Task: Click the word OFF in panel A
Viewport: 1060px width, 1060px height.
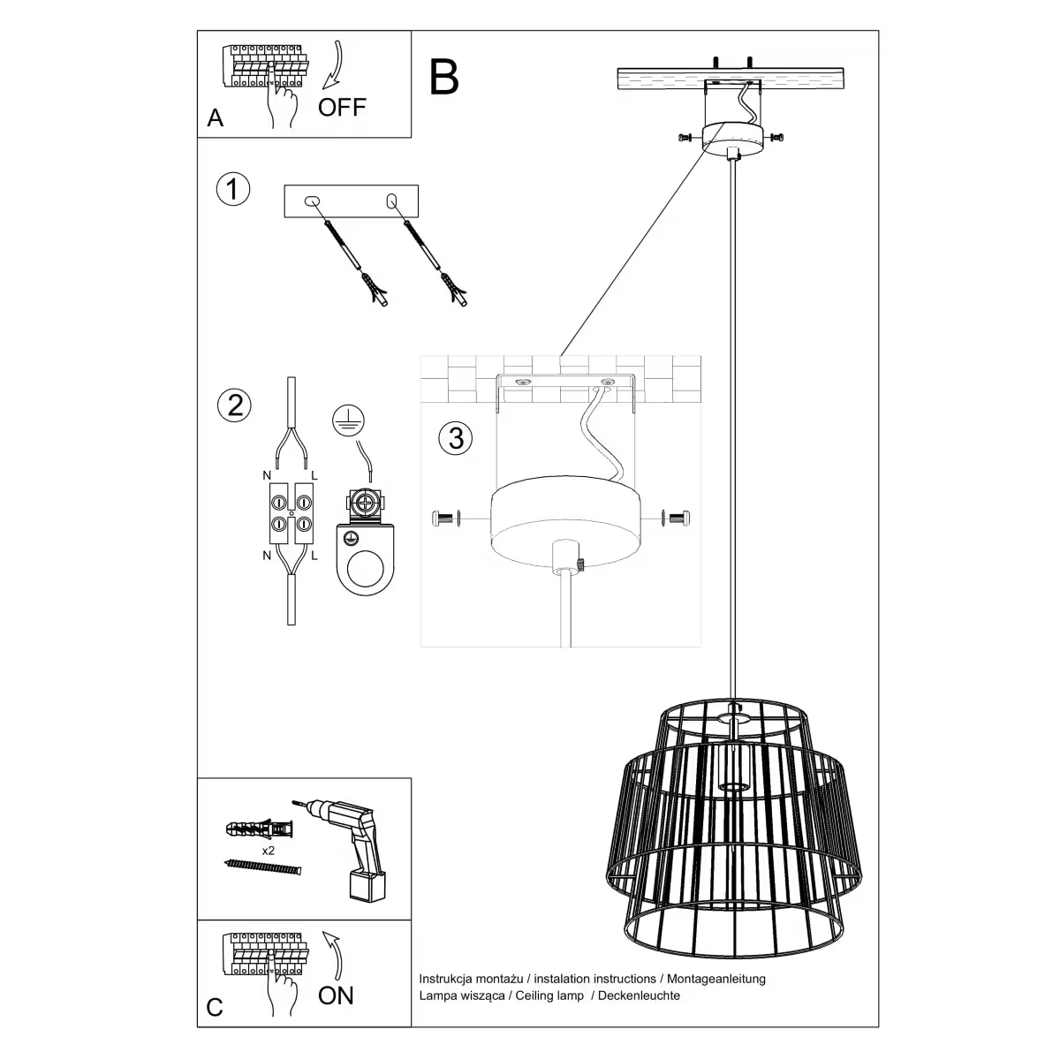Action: click(342, 108)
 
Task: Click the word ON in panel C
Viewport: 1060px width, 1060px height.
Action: click(336, 996)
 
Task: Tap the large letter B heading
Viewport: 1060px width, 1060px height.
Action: click(444, 77)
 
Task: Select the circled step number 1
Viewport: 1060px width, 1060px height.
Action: click(233, 190)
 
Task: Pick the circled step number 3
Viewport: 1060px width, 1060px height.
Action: click(456, 437)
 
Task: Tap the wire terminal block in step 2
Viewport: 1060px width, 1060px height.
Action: click(291, 514)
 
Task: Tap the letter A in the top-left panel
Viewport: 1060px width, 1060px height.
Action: click(216, 117)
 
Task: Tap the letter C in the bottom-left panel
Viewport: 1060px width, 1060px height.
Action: click(215, 1008)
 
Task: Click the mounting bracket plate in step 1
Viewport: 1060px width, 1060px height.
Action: click(351, 201)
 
